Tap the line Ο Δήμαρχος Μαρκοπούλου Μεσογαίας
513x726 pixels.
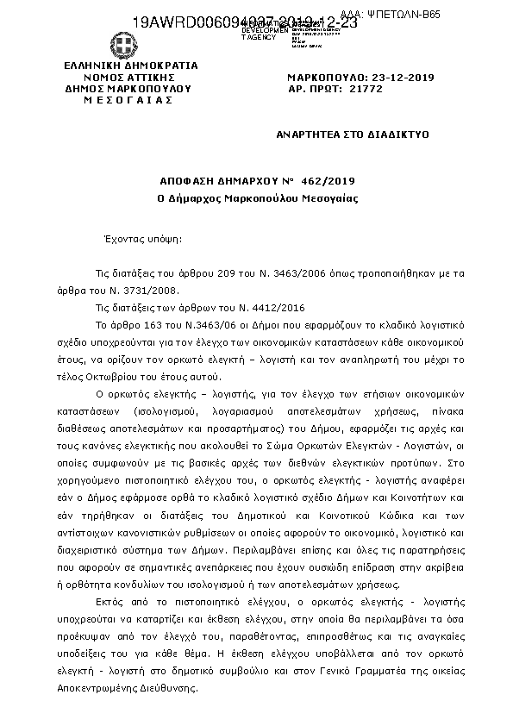tap(257, 198)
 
